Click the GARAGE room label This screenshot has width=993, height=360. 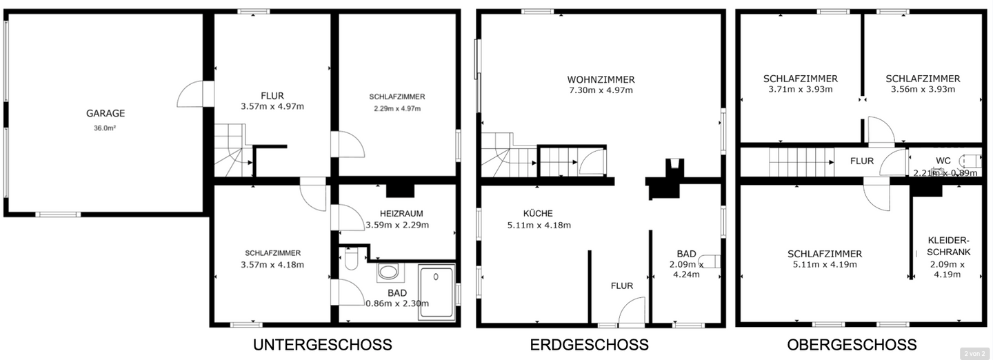[x=106, y=114]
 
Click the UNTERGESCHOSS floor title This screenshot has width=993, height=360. [x=322, y=344]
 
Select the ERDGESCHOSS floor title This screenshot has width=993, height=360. [x=589, y=344]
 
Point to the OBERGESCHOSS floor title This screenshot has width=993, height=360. [x=852, y=344]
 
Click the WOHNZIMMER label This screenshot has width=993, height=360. [x=601, y=79]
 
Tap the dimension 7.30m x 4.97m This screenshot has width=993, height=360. [x=601, y=90]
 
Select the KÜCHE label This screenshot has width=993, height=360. [x=538, y=213]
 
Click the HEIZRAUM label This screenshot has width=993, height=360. [x=397, y=213]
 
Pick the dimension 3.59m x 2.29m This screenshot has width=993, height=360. [x=397, y=225]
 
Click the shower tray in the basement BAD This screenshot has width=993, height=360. [x=437, y=291]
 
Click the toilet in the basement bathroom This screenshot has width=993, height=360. [x=350, y=261]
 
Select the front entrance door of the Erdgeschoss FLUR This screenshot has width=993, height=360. [x=631, y=312]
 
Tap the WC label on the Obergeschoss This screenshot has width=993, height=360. [x=943, y=161]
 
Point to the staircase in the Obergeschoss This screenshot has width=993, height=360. [x=801, y=164]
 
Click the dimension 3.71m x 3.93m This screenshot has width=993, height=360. [x=800, y=90]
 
